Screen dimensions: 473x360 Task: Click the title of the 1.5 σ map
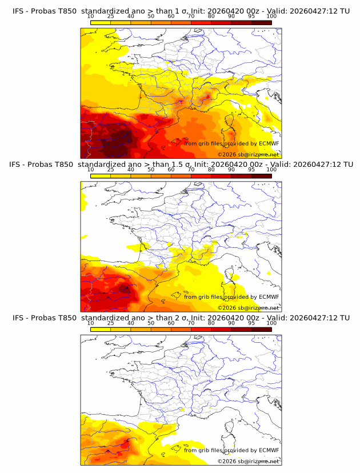[181, 165]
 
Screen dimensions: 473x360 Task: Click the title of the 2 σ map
[181, 318]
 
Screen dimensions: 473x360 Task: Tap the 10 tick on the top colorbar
[91, 16]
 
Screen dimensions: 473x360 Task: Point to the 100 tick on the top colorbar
[271, 16]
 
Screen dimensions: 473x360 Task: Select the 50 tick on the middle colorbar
[151, 170]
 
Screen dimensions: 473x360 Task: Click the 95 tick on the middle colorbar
[251, 170]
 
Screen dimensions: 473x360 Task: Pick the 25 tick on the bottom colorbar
[111, 323]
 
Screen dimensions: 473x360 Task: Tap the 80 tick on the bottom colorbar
[211, 323]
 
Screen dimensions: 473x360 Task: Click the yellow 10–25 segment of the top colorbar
[101, 22]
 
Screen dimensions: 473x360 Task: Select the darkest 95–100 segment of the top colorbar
[261, 22]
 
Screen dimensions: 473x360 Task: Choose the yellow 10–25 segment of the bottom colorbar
[101, 329]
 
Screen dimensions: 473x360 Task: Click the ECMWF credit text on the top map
[231, 143]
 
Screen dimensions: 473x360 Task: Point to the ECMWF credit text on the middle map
[231, 297]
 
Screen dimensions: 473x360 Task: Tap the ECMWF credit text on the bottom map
[231, 450]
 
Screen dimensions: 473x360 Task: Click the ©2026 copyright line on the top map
[248, 154]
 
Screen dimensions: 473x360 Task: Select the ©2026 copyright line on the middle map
[248, 307]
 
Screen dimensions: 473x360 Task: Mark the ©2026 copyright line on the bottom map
[248, 461]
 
